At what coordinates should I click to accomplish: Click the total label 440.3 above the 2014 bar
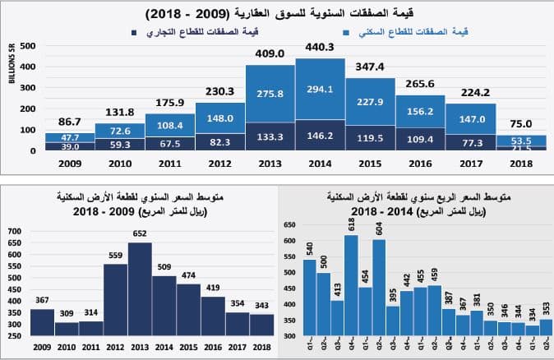(x=320, y=48)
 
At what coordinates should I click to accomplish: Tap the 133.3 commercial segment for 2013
(x=270, y=137)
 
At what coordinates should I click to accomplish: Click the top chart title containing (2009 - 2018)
(x=276, y=14)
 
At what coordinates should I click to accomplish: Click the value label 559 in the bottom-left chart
(x=115, y=256)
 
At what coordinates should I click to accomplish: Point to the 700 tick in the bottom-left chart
(x=14, y=233)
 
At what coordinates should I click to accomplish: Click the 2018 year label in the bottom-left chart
(x=262, y=347)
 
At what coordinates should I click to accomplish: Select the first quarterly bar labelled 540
(x=310, y=298)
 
